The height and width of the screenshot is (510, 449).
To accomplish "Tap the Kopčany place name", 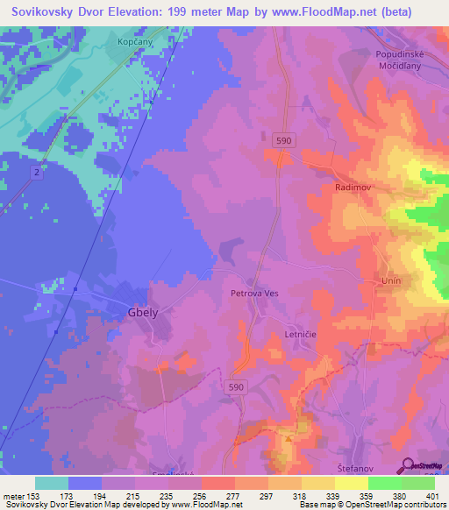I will click(x=134, y=41).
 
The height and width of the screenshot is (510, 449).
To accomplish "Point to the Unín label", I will click(x=390, y=280).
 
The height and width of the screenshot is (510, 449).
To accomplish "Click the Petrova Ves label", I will click(x=254, y=294).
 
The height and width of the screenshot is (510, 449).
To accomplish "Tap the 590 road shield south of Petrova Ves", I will click(x=238, y=386).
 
